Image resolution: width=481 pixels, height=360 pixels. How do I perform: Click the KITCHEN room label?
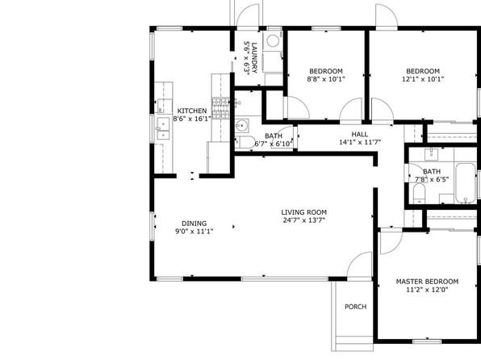pos(192,111)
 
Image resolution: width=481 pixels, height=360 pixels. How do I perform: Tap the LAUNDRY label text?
pos(254,58)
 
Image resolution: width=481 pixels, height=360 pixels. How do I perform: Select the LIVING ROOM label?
pos(304,212)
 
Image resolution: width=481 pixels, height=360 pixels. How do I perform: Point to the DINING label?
pos(194,224)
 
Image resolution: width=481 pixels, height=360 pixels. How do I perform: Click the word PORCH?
pos(356,307)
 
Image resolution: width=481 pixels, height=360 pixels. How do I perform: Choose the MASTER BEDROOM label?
pos(427,282)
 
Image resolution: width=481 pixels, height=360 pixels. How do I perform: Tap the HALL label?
pos(360,134)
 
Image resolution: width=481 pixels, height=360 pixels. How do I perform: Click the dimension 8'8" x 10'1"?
pos(326,79)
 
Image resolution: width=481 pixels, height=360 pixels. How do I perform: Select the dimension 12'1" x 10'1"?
pos(423,79)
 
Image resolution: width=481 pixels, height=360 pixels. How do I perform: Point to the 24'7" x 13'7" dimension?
pos(304,220)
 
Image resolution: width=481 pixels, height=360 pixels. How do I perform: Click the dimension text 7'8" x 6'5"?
pos(432,179)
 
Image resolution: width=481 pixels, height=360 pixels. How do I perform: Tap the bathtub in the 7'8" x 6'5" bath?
pos(466,183)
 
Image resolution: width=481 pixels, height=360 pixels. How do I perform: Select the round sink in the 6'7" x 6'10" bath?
pos(242,125)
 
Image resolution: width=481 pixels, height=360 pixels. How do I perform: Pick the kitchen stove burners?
pos(221,108)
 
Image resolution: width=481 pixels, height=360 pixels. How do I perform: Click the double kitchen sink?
pos(162,129)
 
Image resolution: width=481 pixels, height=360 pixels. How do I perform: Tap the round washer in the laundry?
pos(272,40)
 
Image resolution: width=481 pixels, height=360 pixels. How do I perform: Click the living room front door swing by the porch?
pos(359,264)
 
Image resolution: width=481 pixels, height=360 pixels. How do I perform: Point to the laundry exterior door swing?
pos(248,15)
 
